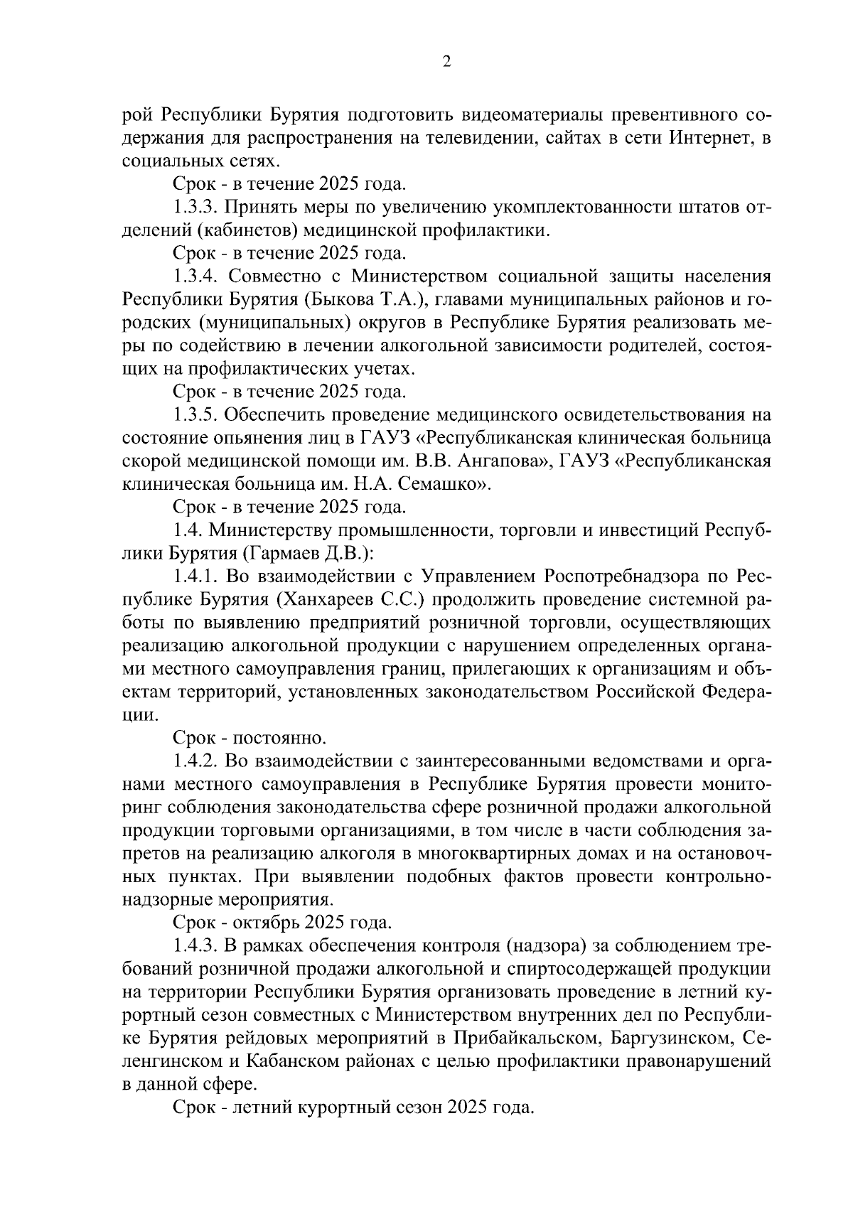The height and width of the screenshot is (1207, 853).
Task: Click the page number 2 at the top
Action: [x=446, y=62]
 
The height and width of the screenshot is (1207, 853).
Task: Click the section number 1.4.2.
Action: [x=196, y=762]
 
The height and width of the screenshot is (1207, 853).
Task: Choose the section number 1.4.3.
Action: [x=196, y=947]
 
